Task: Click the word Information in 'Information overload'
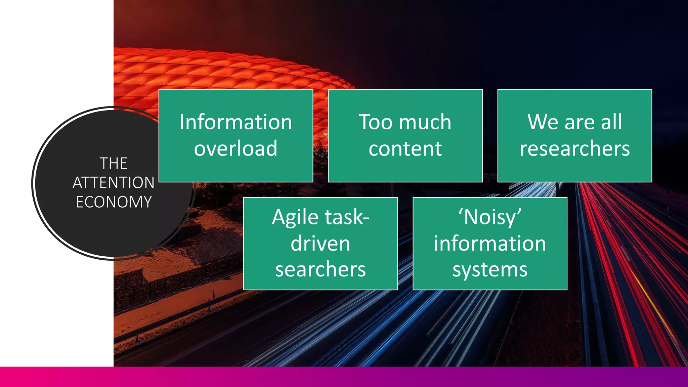pos(235,122)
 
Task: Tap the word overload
pos(235,148)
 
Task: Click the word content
pos(405,148)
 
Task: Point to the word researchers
pos(574,148)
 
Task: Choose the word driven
pos(320,243)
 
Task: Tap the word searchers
pos(320,269)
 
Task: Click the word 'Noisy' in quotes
pos(490,217)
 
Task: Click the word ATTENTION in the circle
pos(114,183)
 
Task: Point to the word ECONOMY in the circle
pos(114,202)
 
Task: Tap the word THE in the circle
pos(114,164)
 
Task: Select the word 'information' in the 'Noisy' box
pos(490,243)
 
